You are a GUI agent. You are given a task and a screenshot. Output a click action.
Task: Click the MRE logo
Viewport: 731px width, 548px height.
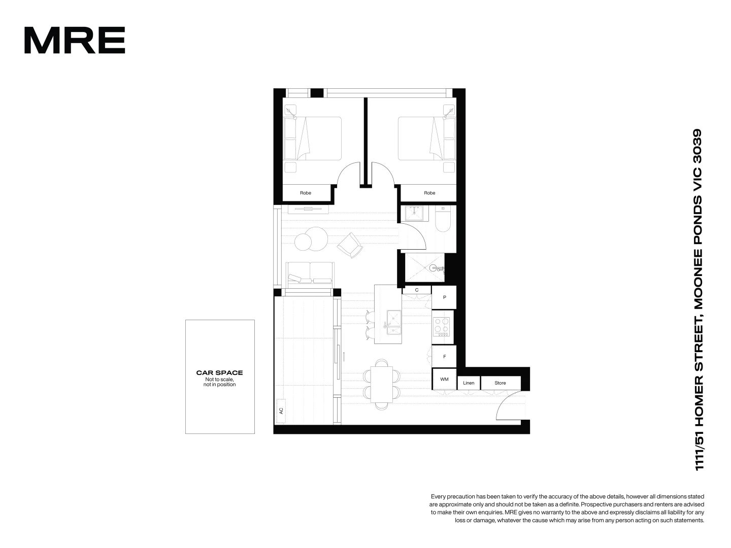(75, 41)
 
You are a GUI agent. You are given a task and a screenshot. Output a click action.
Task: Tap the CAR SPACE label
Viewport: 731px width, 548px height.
(219, 372)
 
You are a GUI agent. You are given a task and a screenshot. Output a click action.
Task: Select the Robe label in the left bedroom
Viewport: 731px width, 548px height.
(306, 193)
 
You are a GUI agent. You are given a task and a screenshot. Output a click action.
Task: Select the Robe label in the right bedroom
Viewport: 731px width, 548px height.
(429, 193)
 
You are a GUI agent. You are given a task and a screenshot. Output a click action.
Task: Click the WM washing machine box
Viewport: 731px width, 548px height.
(444, 379)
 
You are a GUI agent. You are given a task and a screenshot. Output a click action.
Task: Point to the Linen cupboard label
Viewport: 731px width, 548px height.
(469, 383)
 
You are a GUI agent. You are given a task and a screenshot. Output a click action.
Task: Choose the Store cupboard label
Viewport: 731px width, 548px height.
(500, 383)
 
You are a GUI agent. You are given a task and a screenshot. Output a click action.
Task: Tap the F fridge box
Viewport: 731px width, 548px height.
(444, 357)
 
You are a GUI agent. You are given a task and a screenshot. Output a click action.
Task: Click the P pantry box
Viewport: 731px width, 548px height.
(444, 297)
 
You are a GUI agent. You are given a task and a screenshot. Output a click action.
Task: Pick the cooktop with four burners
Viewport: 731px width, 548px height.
(441, 326)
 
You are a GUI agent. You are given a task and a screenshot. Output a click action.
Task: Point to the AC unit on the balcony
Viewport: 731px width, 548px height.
(281, 410)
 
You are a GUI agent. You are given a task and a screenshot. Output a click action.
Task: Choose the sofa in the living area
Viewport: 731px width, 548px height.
(309, 274)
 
